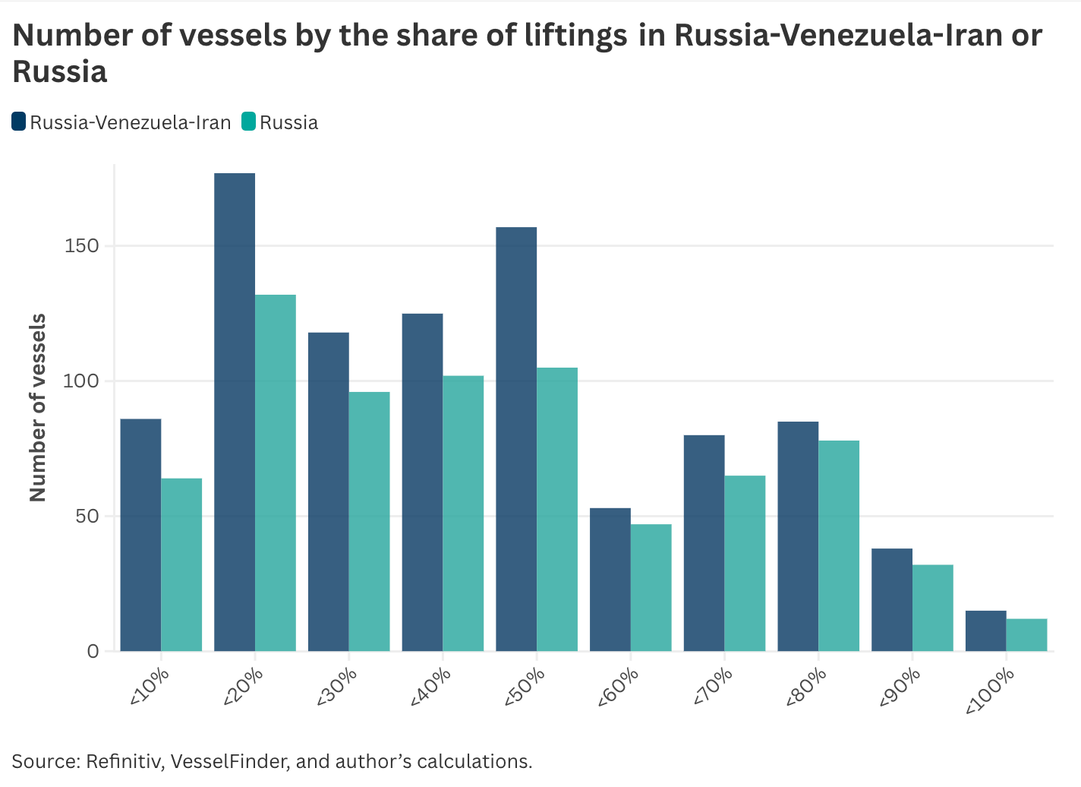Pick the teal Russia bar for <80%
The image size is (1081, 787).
(839, 545)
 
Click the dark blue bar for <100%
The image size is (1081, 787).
(985, 631)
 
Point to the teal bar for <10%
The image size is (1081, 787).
(181, 564)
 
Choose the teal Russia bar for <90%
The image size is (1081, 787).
(933, 608)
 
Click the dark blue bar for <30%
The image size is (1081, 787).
(329, 491)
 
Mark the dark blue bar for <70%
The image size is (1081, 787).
(704, 542)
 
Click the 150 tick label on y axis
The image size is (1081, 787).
(81, 246)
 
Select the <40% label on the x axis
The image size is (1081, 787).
(430, 687)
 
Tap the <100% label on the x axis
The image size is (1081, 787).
(990, 691)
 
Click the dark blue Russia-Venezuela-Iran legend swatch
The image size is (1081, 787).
(19, 122)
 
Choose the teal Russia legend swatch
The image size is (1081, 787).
(249, 122)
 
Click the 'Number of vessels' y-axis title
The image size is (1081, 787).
(38, 407)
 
